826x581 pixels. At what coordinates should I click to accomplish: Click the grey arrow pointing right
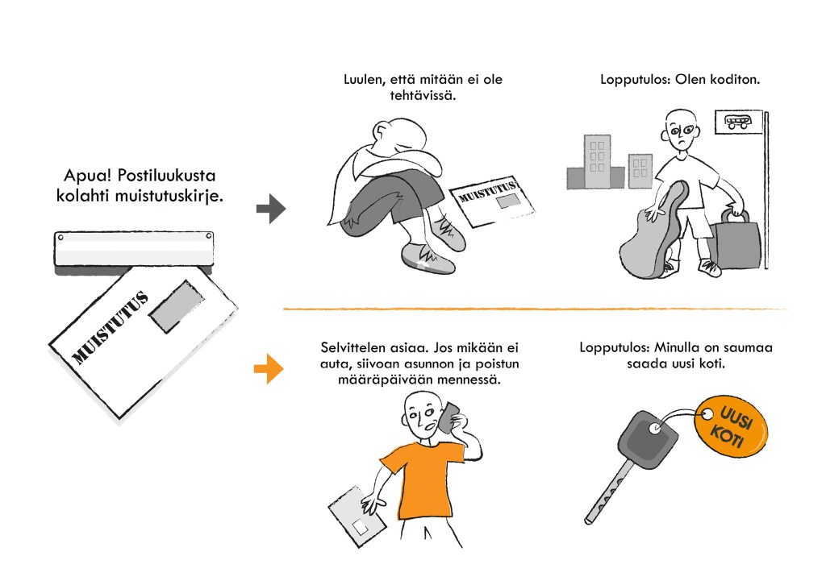271,209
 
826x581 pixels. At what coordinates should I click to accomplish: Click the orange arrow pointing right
269,368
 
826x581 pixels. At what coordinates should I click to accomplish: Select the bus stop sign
738,122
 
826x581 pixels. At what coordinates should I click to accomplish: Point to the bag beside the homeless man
734,242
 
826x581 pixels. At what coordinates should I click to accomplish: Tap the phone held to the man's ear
448,417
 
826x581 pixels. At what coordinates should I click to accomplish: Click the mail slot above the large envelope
134,249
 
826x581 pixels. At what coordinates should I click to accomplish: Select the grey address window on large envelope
177,306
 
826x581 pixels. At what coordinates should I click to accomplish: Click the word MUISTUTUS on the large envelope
110,328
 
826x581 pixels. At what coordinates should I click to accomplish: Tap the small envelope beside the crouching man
492,201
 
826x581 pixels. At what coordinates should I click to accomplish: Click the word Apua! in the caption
88,175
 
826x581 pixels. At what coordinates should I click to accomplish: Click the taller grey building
597,161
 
